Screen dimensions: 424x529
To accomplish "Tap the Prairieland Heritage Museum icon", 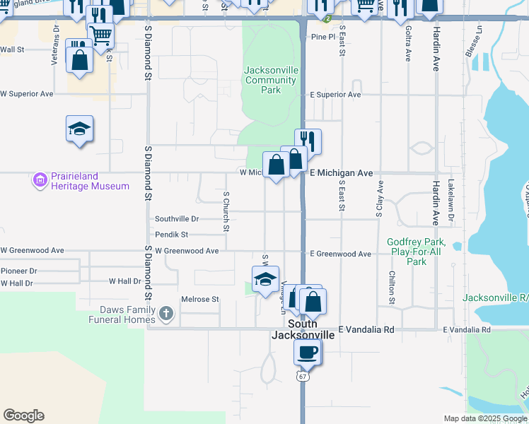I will (40, 181).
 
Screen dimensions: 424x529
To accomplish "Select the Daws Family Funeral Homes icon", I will (165, 313).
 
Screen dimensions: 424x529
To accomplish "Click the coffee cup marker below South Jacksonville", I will (308, 351).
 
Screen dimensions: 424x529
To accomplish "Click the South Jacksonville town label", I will (302, 330).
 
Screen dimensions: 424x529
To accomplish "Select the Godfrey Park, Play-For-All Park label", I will (417, 252).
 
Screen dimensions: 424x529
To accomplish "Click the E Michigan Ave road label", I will (341, 172).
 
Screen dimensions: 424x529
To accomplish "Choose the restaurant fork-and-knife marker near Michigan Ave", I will (308, 140).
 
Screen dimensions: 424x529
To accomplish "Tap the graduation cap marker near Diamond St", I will (79, 129).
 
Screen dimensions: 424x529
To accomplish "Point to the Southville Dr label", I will (177, 219).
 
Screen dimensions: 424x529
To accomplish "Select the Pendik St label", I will (171, 234).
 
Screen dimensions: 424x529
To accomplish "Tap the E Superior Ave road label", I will (335, 95).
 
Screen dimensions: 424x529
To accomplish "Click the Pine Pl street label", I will (322, 36).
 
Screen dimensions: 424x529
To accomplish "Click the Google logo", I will (23, 416).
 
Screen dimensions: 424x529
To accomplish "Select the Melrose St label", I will (200, 299).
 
